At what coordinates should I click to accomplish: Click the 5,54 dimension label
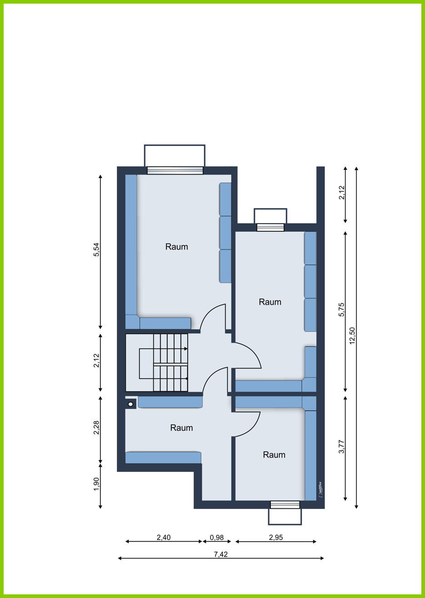(96, 250)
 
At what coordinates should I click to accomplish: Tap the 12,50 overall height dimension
(352, 335)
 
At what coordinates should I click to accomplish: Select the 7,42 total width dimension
(220, 554)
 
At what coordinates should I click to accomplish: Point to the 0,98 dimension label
(217, 537)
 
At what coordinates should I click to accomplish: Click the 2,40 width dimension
(164, 537)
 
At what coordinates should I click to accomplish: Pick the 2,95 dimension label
(275, 537)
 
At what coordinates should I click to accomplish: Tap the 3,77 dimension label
(342, 446)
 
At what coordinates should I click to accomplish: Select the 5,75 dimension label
(342, 310)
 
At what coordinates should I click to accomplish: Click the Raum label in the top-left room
(176, 247)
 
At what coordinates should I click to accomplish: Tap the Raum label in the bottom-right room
(274, 455)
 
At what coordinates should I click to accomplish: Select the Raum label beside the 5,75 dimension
(270, 302)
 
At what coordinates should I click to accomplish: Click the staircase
(164, 363)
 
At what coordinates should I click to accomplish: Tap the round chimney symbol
(130, 404)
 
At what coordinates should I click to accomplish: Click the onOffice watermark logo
(320, 489)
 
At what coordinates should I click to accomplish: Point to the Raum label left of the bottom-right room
(181, 428)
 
